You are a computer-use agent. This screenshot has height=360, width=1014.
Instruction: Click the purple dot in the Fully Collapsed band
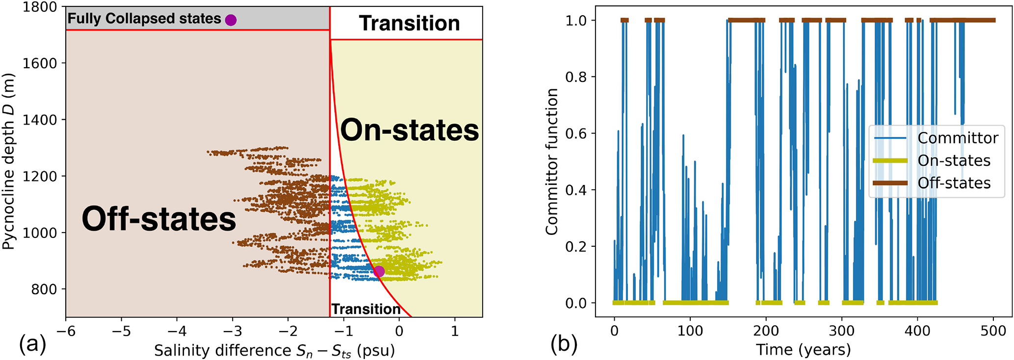pos(231,20)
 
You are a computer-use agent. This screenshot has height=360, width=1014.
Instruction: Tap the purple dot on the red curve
pos(379,271)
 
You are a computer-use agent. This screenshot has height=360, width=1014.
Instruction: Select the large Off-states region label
pos(158,219)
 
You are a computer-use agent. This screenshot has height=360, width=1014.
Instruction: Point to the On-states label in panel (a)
pos(410,130)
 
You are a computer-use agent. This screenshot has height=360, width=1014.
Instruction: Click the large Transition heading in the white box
pos(409,24)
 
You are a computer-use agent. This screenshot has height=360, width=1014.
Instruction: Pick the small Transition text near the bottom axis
pos(366,309)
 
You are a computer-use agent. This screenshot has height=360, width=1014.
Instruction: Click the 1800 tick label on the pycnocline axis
pos(40,7)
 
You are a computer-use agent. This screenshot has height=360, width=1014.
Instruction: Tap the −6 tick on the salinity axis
pos(66,331)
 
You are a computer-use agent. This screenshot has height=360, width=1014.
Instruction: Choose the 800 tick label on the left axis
pos(44,289)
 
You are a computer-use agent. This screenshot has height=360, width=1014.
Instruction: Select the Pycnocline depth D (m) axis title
pos(8,161)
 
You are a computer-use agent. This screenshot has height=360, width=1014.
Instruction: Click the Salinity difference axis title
pos(274,351)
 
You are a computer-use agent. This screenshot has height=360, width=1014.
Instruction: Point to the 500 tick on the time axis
pos(993,331)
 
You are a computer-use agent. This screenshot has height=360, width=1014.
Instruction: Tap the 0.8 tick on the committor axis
pos(576,77)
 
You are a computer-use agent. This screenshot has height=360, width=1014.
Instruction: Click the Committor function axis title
pos(552,161)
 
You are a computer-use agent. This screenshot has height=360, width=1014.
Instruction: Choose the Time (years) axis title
pos(803,350)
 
